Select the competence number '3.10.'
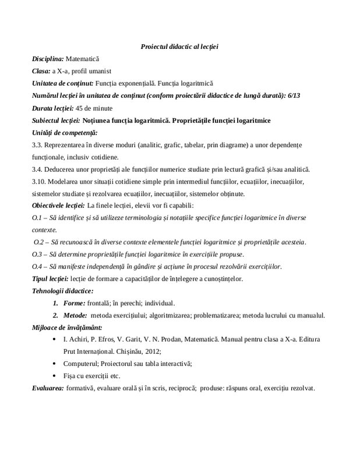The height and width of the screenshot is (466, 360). (x=40, y=182)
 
